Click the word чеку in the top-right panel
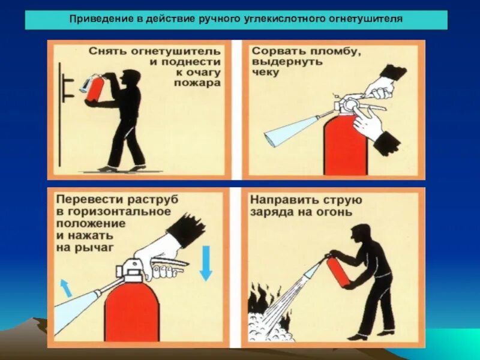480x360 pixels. [x=264, y=73]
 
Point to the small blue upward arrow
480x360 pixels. [x=65, y=287]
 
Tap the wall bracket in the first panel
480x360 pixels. [x=68, y=86]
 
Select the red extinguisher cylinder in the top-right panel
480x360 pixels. [x=345, y=147]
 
